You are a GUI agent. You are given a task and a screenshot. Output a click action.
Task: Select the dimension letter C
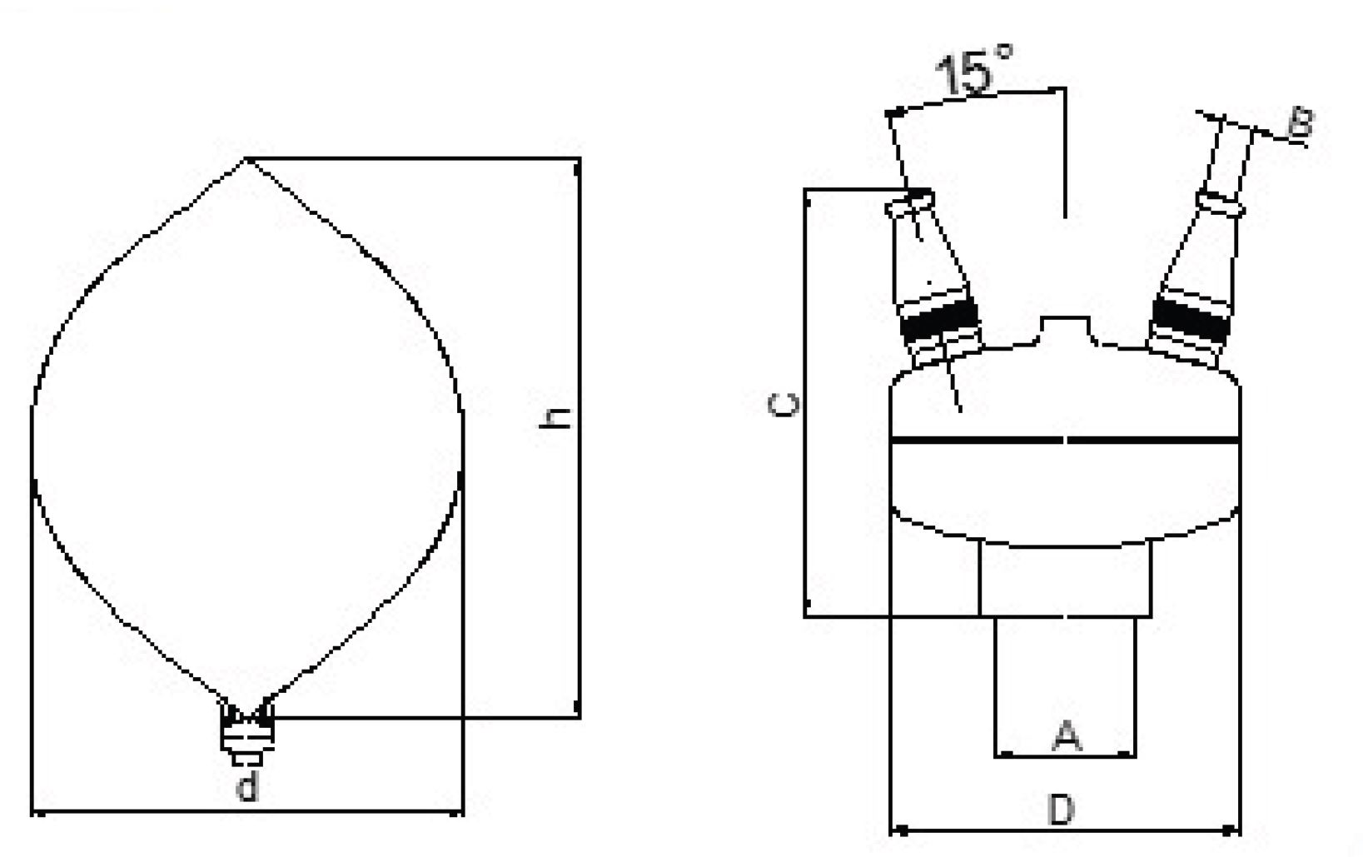[783, 405]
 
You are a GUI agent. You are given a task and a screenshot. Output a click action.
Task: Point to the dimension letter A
[1067, 735]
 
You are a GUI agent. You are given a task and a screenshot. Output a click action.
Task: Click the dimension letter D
[1062, 810]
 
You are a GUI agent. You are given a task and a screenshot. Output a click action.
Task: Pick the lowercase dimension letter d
[247, 785]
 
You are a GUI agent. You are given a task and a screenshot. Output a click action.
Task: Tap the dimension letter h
[555, 418]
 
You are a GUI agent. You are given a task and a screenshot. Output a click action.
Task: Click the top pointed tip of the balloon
[246, 159]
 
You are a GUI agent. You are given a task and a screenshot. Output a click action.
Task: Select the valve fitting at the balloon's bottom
[247, 735]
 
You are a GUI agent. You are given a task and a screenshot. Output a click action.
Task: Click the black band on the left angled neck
[939, 321]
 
